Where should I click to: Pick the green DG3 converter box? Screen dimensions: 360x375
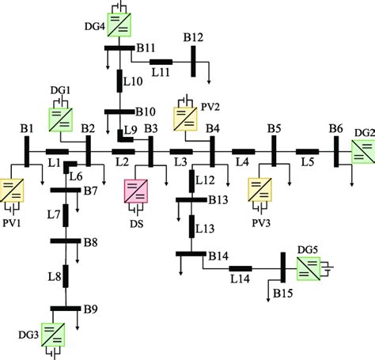click(x=52, y=335)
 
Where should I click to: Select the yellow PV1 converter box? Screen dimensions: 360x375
click(x=13, y=191)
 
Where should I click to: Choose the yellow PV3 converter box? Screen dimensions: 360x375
click(x=260, y=191)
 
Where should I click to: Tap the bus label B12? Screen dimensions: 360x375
click(x=194, y=38)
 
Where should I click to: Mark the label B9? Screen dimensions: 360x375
click(x=89, y=309)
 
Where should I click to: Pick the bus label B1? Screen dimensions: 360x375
click(x=28, y=128)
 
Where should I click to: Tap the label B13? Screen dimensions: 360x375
click(x=218, y=199)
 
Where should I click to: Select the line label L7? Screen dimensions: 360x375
click(x=53, y=214)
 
